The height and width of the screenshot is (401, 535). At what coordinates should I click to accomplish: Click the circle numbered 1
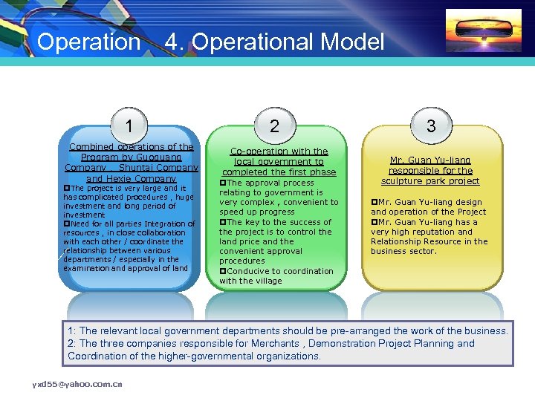point(130,125)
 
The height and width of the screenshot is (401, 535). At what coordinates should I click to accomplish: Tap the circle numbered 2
point(275,125)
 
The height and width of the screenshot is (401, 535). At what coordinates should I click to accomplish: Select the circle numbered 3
point(430,125)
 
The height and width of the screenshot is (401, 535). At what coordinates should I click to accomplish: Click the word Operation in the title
point(88,42)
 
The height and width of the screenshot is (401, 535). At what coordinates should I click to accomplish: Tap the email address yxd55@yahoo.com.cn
point(77,384)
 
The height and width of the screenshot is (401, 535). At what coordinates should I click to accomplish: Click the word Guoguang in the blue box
point(155,157)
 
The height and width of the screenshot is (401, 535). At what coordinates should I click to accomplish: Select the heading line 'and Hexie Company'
point(132,178)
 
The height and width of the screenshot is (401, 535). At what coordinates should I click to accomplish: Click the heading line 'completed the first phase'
point(279,172)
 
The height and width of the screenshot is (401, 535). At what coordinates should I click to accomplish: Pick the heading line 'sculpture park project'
point(430,180)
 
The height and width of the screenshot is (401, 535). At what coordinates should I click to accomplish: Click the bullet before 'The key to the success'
point(222,222)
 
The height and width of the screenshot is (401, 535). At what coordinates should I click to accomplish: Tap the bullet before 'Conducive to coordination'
point(222,271)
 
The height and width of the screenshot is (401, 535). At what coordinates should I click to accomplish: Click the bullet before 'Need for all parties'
point(67,224)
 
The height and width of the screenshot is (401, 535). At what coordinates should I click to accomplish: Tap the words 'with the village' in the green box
point(250,281)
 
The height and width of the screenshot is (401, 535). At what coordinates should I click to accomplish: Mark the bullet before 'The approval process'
point(222,183)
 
